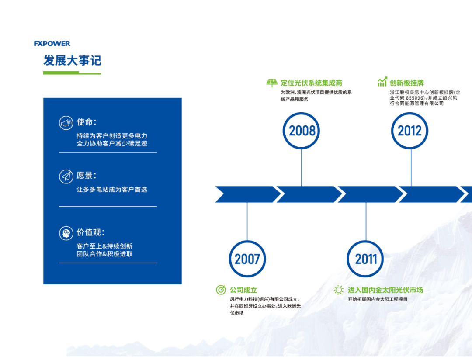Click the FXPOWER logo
pos(52,44)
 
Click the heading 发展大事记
pos(72,60)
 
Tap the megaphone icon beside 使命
pos(66,123)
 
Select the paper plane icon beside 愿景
pos(66,177)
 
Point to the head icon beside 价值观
pos(66,233)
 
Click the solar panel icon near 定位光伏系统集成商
pos(272,83)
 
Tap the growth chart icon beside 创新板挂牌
pos(382,82)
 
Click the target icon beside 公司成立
pos(221,290)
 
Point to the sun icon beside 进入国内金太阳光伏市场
pos(339,290)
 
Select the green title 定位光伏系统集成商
pos(311,83)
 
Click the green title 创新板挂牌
pos(407,83)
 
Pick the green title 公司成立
pos(243,290)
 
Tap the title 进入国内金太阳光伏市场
pos(385,290)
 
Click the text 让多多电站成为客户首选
pos(112,189)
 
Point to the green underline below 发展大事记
pos(72,73)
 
